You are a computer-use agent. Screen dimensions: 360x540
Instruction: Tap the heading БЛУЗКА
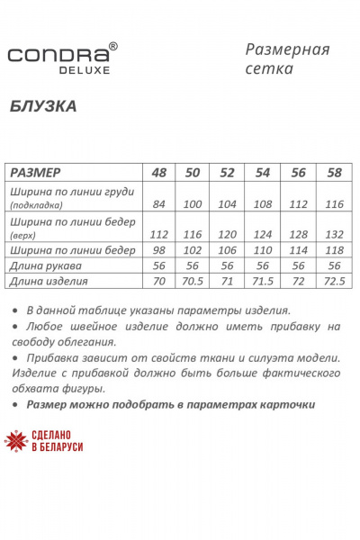[42, 105]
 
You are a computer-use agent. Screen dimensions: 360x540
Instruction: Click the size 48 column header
[160, 172]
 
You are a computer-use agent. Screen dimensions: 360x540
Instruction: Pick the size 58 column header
[334, 172]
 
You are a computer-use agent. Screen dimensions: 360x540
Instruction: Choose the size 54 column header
[264, 172]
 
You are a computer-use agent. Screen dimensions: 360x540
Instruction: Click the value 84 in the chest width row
[160, 204]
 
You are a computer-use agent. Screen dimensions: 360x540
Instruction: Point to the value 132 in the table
[334, 234]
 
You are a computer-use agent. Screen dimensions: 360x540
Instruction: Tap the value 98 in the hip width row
[160, 250]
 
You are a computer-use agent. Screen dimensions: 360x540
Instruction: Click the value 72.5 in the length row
[334, 282]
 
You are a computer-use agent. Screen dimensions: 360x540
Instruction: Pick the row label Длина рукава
[47, 265]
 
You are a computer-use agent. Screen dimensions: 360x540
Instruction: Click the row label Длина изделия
[49, 282]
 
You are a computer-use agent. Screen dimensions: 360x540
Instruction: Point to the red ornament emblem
[16, 440]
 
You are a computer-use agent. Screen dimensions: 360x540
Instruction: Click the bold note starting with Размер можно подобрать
[170, 405]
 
